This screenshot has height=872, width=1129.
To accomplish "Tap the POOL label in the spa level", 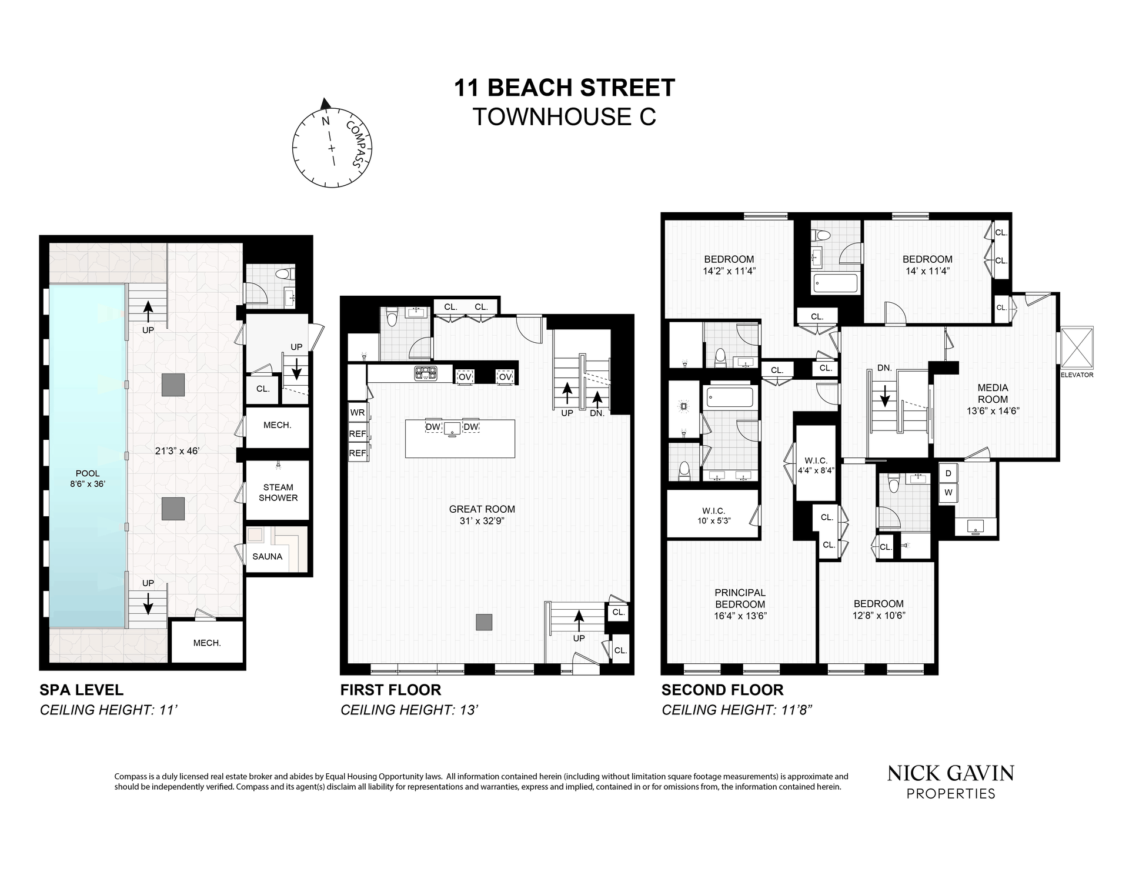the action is click(88, 473).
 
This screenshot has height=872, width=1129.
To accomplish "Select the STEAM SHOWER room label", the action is click(278, 492).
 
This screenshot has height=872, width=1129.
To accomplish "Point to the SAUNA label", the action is click(268, 556).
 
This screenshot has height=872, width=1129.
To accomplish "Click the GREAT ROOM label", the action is click(482, 509).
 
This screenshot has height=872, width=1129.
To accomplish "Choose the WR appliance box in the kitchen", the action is click(358, 413).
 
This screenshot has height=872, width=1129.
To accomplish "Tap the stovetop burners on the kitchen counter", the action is click(425, 372).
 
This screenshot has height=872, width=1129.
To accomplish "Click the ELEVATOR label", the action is click(1077, 375).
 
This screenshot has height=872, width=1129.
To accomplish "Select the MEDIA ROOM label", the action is click(993, 393).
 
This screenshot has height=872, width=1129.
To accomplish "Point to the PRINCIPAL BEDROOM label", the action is click(740, 599).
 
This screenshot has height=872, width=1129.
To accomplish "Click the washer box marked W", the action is click(948, 493).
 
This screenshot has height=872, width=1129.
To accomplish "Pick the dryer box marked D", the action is click(948, 473).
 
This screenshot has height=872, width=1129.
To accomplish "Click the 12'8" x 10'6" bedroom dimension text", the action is click(879, 616).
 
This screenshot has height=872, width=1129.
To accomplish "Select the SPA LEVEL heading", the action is click(82, 690).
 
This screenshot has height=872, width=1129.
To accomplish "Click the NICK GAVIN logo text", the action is click(951, 773).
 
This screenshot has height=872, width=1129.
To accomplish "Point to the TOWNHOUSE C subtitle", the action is click(564, 117).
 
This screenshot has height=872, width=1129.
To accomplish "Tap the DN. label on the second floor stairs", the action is click(884, 368).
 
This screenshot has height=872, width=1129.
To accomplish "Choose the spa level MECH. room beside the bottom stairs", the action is click(207, 643).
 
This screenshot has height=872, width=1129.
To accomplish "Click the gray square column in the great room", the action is click(484, 623).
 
